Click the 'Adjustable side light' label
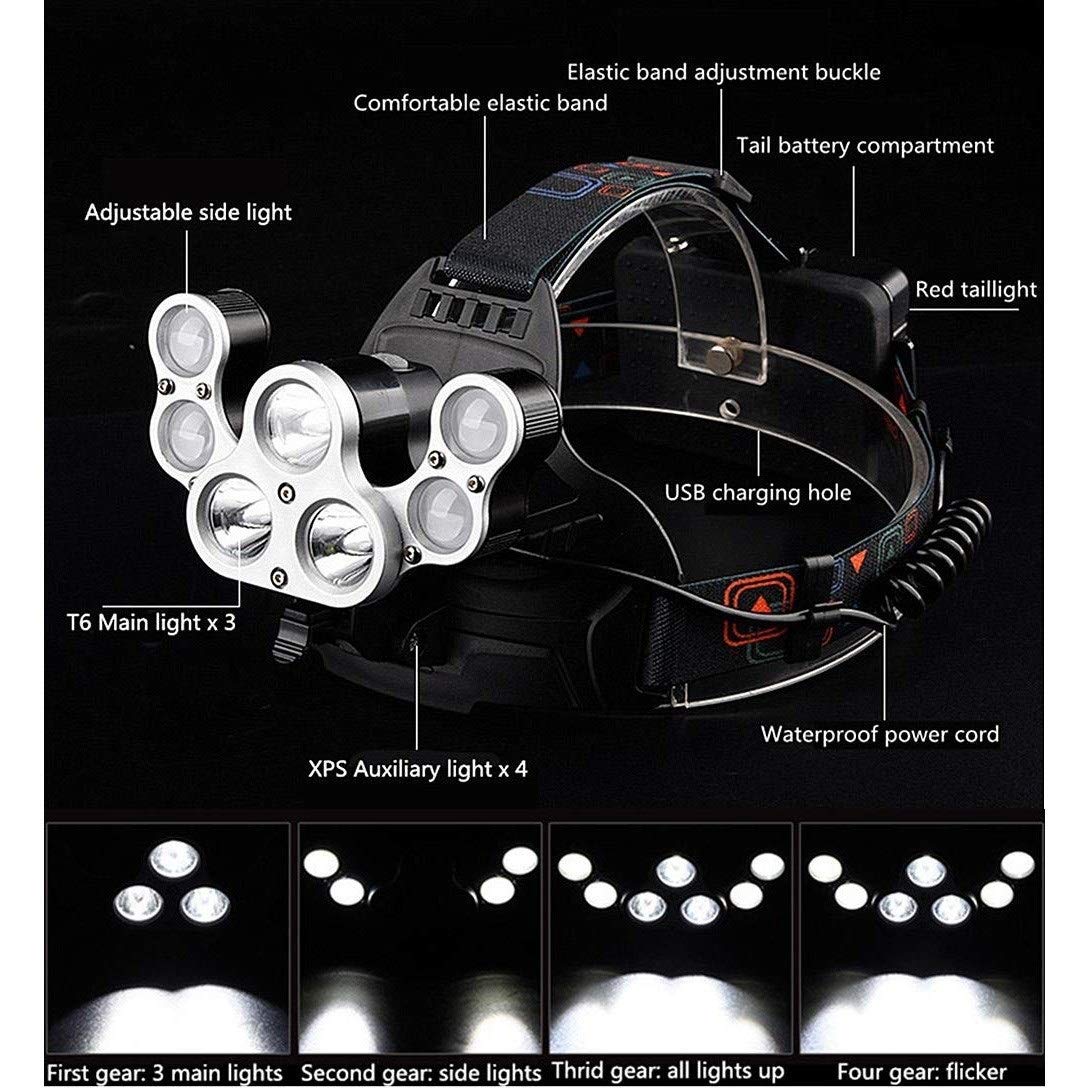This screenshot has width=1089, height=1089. (188, 213)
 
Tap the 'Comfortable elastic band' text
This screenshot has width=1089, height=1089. (481, 103)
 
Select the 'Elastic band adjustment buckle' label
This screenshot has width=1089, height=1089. (724, 72)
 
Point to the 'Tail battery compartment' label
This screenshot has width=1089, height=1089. (865, 146)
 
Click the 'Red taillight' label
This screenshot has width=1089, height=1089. (976, 290)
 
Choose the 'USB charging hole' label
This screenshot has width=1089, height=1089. (758, 492)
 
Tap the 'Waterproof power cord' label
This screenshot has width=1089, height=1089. (880, 734)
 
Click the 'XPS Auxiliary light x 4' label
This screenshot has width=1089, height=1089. (417, 770)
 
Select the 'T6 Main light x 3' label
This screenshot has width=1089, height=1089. (151, 622)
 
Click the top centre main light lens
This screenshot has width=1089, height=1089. (299, 424)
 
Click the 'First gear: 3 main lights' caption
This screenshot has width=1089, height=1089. (165, 1073)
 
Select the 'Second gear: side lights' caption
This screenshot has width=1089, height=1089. (421, 1073)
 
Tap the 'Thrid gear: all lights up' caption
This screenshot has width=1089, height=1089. (667, 1072)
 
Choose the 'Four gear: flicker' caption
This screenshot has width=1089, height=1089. (922, 1072)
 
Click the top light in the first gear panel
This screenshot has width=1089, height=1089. (174, 859)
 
